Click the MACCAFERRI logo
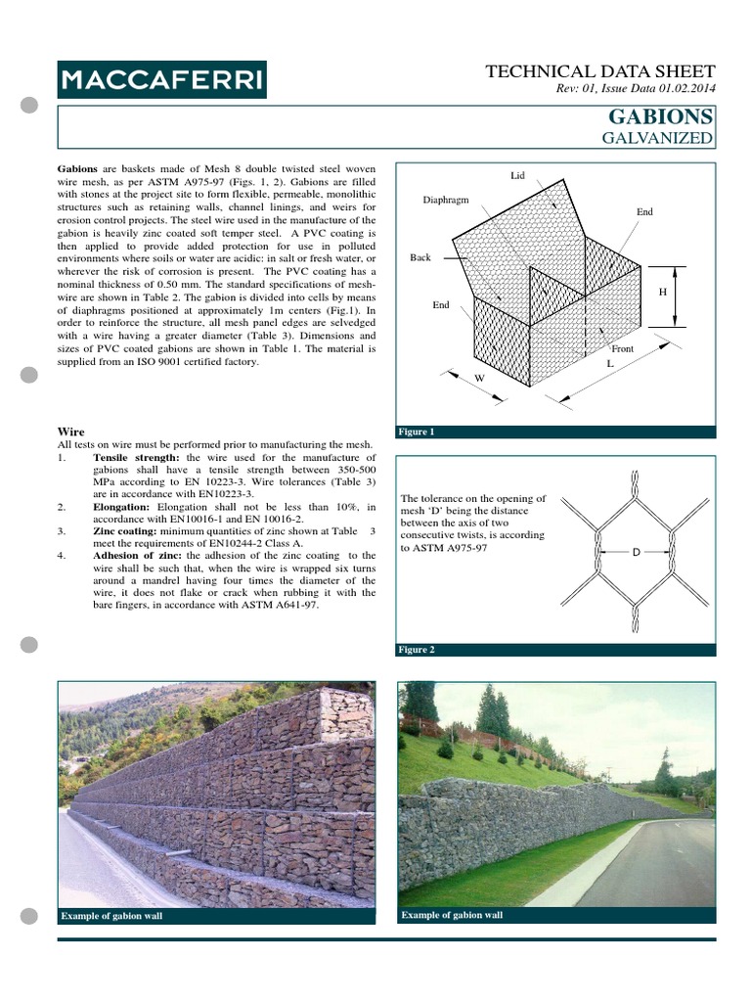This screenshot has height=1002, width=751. (x=161, y=78)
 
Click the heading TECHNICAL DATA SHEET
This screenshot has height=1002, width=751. (x=600, y=71)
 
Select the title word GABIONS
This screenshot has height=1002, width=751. (x=661, y=117)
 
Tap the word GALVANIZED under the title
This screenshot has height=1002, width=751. (x=657, y=138)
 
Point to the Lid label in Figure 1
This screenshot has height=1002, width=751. (x=517, y=176)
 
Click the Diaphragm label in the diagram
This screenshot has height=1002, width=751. (x=446, y=200)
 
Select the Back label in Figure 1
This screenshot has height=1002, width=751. (x=420, y=258)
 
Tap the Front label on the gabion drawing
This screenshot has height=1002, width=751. (x=622, y=348)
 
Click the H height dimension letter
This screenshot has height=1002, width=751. (x=662, y=292)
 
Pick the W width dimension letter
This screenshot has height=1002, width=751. (x=479, y=377)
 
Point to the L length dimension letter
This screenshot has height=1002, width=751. (x=609, y=363)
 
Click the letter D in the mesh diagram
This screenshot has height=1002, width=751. (x=635, y=553)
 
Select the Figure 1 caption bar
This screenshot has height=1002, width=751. (x=554, y=432)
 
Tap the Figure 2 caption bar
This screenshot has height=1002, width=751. (x=554, y=650)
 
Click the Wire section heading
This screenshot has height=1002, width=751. (x=72, y=431)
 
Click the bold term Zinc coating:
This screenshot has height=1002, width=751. (x=130, y=530)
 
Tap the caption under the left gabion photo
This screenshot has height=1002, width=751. (x=111, y=916)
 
